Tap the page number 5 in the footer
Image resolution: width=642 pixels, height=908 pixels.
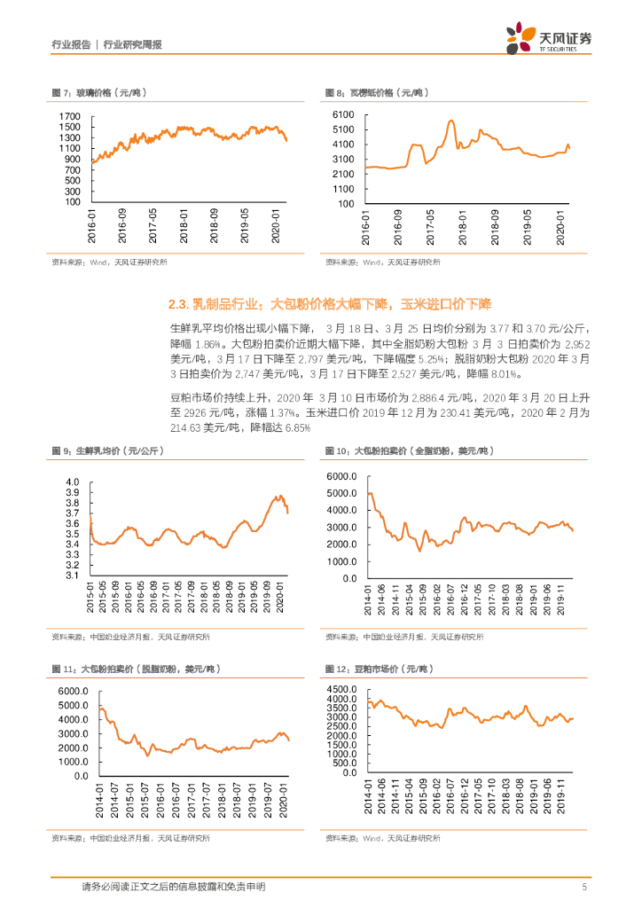pos(584,886)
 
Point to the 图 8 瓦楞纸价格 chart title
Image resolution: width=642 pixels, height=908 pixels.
pos(372,92)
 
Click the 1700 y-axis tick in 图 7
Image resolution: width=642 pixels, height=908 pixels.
pos(70,117)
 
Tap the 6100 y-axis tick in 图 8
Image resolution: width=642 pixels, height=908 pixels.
pos(343,116)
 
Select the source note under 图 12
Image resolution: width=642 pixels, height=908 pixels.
pos(382,838)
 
